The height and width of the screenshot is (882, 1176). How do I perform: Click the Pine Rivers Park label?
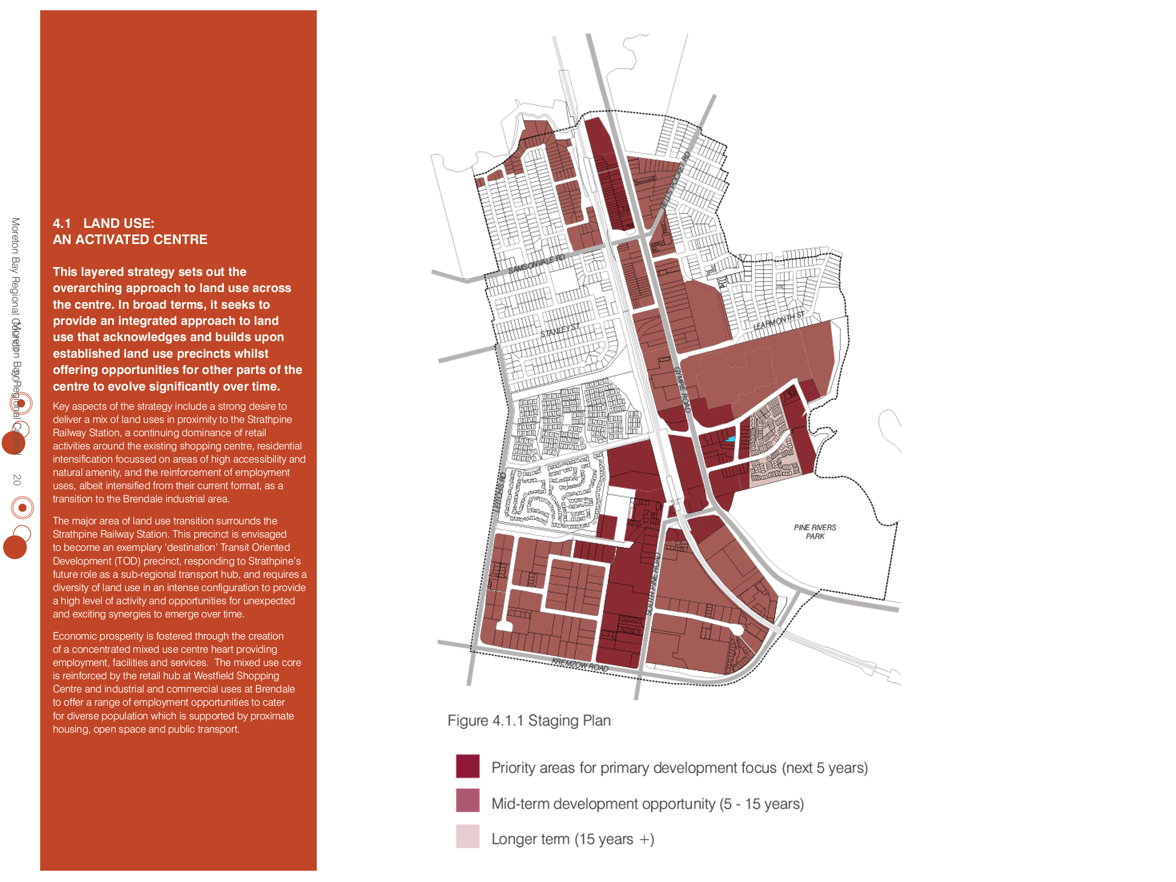814,532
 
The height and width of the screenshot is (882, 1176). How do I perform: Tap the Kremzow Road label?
580,664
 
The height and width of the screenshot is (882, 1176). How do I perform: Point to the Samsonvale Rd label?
536,264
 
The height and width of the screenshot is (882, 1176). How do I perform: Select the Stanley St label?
559,330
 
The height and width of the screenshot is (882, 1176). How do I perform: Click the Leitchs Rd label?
499,492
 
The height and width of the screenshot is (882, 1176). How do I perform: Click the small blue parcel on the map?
731,439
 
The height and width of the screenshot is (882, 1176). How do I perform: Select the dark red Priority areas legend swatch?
467,766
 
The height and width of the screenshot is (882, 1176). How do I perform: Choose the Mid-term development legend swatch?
467,801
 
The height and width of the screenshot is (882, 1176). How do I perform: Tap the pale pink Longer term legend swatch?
467,836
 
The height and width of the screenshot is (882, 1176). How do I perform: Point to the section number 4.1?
62,223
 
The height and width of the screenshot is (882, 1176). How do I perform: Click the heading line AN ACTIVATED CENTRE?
130,240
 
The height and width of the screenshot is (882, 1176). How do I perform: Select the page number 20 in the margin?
17,480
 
